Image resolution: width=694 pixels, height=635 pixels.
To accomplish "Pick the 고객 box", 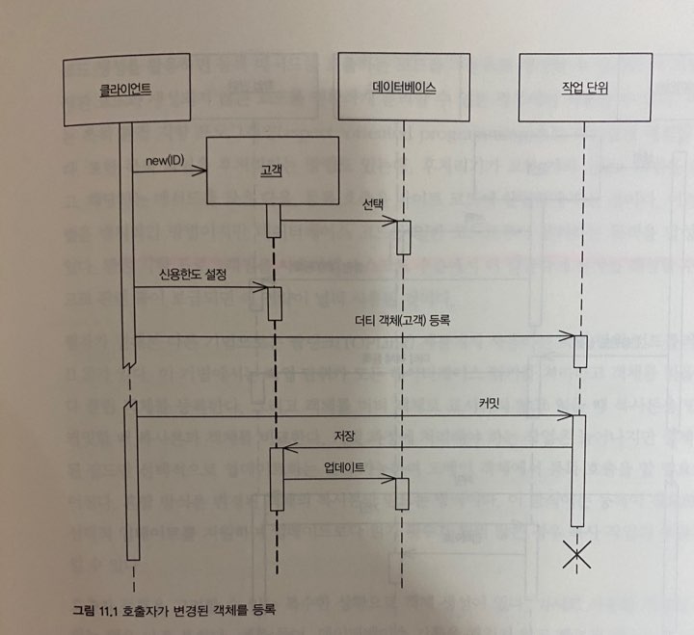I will pyautogui.click(x=272, y=170).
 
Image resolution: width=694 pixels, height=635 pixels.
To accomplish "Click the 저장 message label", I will pyautogui.click(x=344, y=437).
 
